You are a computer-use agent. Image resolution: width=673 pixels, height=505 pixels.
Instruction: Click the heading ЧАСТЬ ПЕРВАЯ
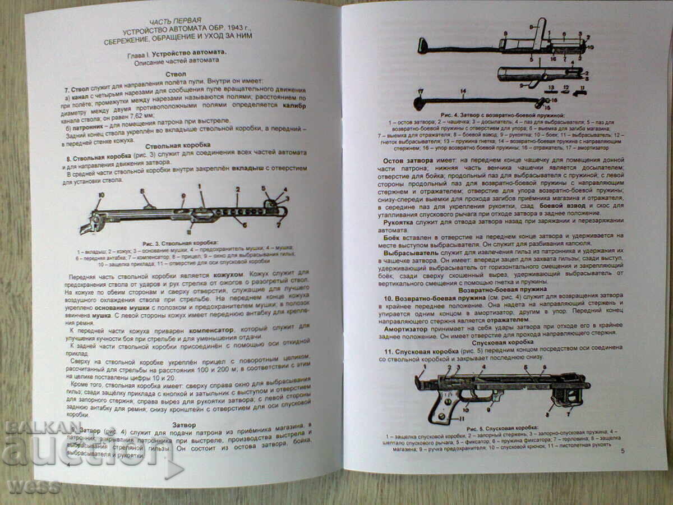[178, 19]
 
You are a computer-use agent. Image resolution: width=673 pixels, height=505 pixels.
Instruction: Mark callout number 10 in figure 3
[102, 195]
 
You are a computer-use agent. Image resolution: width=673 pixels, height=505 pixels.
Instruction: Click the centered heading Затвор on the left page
[185, 425]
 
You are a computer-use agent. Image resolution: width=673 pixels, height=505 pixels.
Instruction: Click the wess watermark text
[34, 486]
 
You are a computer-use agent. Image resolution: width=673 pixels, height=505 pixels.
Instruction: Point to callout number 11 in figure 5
[462, 419]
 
